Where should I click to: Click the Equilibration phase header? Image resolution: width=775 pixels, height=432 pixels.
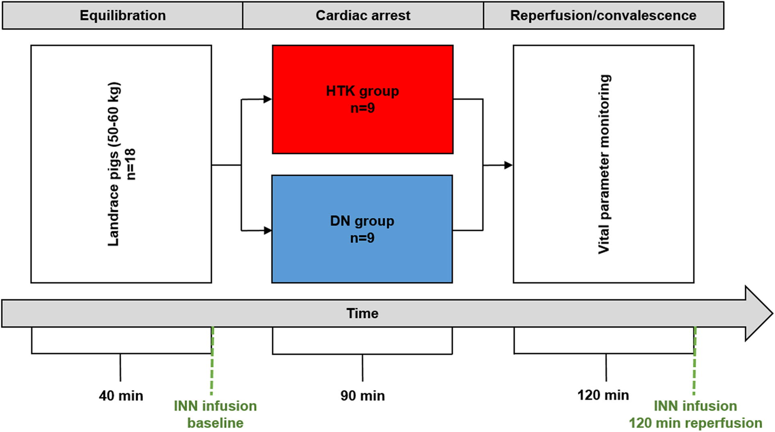click(x=122, y=16)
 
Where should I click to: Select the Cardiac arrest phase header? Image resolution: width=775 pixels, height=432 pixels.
click(x=363, y=16)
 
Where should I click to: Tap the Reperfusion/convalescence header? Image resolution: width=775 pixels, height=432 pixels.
click(x=603, y=16)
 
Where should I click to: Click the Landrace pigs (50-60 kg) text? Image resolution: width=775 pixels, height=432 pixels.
click(x=114, y=164)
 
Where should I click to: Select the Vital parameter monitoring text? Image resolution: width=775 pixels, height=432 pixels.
click(x=604, y=164)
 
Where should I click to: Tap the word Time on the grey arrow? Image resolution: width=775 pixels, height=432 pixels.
click(x=362, y=314)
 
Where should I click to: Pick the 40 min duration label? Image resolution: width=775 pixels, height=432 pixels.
click(x=121, y=396)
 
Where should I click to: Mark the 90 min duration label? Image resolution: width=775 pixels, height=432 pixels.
click(x=362, y=396)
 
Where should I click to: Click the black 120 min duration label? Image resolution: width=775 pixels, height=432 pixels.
click(x=603, y=395)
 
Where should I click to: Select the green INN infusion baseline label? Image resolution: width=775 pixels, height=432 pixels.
click(x=215, y=414)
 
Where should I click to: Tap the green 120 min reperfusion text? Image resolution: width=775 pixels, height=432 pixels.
click(x=695, y=423)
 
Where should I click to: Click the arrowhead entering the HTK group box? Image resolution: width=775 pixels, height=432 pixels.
click(x=267, y=99)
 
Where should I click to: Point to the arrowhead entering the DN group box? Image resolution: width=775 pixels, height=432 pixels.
click(x=267, y=231)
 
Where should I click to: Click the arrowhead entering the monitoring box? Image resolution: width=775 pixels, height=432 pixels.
click(x=508, y=165)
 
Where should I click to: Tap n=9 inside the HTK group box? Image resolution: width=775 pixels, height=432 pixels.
click(x=362, y=108)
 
